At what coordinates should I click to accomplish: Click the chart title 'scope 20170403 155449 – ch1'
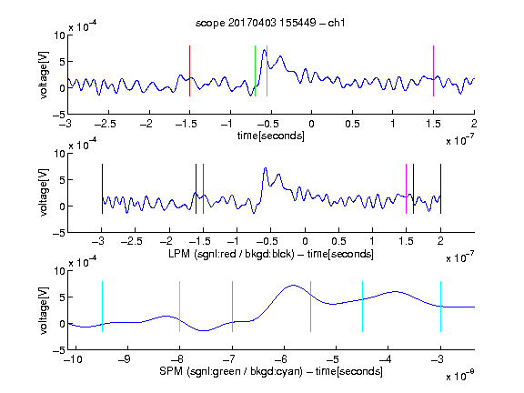(270, 23)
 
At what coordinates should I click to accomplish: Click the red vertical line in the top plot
(189, 71)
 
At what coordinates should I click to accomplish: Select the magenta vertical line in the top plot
(433, 71)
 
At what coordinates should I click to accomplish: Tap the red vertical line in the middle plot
(203, 189)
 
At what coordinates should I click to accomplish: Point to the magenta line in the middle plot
(406, 189)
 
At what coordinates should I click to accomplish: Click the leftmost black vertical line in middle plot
(102, 189)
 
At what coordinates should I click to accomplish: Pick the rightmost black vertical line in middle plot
(440, 189)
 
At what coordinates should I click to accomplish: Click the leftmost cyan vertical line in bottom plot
(102, 307)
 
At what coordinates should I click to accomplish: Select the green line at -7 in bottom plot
(232, 307)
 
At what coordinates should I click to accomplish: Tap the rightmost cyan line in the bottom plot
(440, 307)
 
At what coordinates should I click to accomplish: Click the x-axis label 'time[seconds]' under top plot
(271, 136)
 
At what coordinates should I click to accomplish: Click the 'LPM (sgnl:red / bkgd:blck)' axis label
(231, 254)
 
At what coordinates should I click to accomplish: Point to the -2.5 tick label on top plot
(106, 125)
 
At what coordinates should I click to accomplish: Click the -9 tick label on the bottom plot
(125, 359)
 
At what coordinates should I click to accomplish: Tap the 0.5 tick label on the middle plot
(338, 241)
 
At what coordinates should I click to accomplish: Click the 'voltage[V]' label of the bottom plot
(44, 310)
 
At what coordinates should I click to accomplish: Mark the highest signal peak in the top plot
(265, 50)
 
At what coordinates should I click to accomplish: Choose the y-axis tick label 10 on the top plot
(59, 35)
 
